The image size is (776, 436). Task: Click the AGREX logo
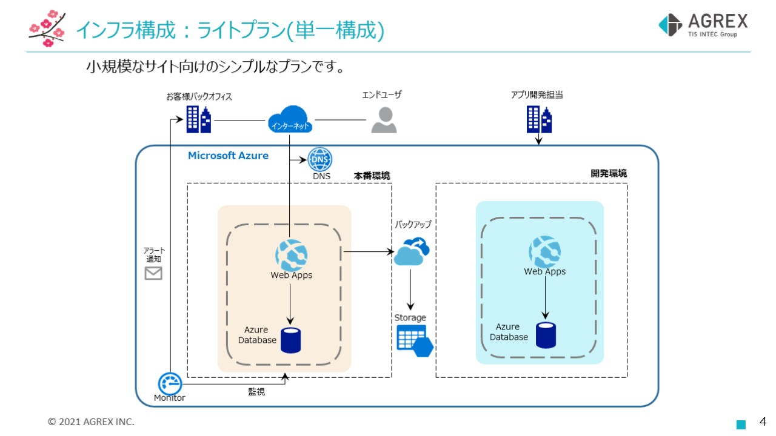pos(703,25)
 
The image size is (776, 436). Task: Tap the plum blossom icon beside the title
pos(47,28)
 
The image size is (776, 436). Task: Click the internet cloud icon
pos(290,119)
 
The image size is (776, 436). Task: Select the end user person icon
pos(384,120)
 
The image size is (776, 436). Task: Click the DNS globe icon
pos(319,160)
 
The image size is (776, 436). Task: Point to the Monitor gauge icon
pos(170,383)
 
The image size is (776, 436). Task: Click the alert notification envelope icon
pos(153,274)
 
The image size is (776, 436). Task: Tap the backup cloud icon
pos(412,251)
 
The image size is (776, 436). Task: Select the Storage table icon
pos(415,340)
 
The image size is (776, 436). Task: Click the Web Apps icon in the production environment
pos(292,255)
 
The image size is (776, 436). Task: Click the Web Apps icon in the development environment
pos(544,251)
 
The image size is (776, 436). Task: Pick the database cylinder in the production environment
pos(290,340)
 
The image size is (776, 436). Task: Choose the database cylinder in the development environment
pos(546,335)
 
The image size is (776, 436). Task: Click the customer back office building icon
pos(198,119)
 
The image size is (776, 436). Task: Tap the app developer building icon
pos(539,119)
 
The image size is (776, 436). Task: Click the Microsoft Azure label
pos(228,156)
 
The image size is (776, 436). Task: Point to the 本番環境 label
pos(372,176)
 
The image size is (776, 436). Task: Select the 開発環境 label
pos(609,173)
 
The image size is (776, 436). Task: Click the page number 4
pos(763,421)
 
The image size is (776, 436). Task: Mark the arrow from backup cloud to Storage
pos(411,289)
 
